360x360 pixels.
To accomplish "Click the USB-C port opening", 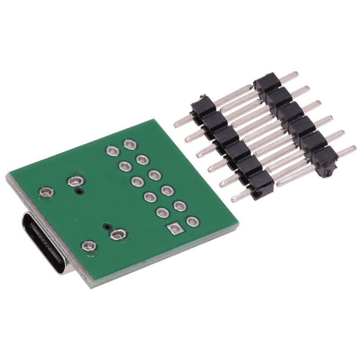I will (45, 243).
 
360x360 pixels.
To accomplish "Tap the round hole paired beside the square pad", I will (192, 221).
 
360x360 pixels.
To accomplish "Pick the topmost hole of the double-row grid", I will (130, 144).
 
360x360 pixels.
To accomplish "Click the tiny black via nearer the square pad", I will (107, 226).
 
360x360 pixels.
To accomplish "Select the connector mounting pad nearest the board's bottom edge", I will (88, 245).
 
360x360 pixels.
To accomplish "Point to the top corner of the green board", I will (154, 119).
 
